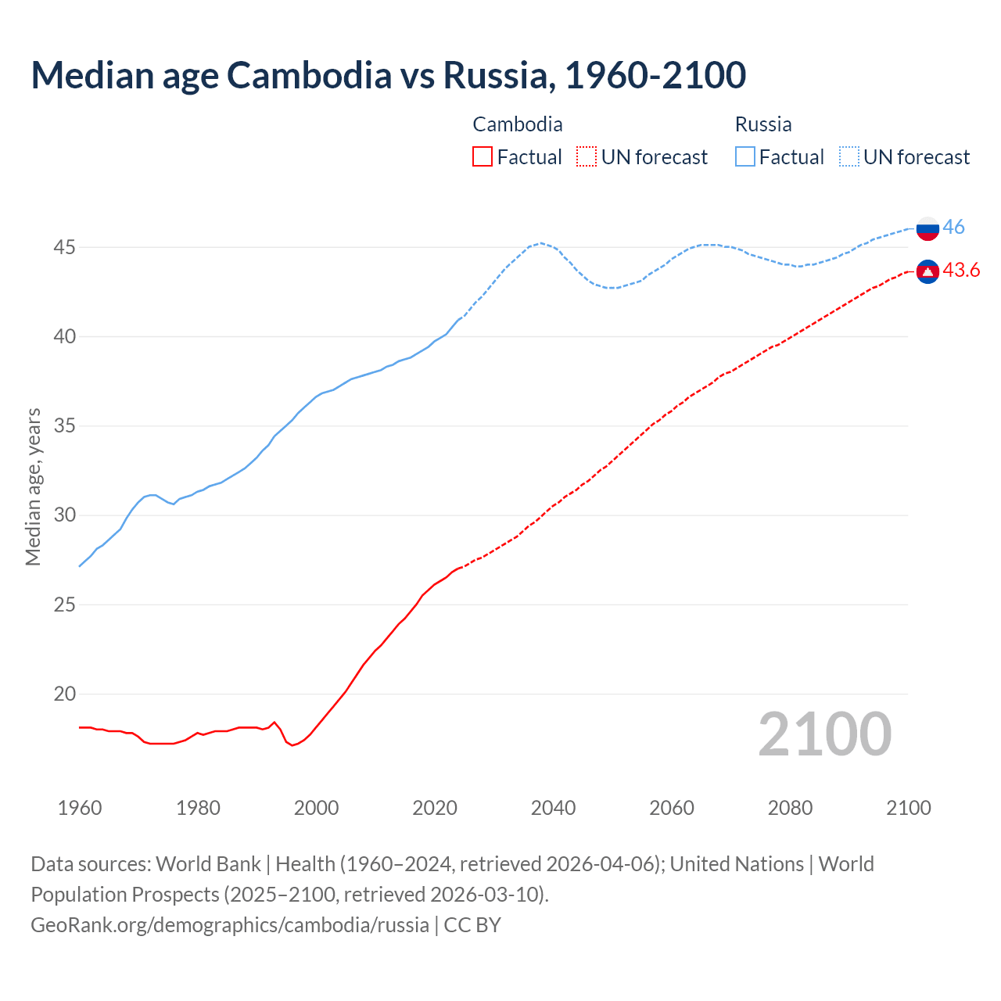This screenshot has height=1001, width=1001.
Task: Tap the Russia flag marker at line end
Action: point(927,228)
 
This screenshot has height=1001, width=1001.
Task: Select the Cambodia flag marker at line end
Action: point(927,271)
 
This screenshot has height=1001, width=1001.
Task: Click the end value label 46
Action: point(953,228)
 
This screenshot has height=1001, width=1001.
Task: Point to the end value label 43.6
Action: point(961,271)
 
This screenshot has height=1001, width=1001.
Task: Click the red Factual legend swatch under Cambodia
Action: point(483,157)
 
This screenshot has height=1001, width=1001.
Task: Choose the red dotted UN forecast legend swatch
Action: point(587,157)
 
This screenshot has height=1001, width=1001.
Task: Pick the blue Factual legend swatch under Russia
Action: point(745,157)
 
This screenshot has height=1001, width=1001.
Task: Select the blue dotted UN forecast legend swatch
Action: point(849,157)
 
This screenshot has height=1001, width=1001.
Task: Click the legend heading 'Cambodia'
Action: point(517,124)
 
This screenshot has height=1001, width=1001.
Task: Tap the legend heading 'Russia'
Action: point(763,124)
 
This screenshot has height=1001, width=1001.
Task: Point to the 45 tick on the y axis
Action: point(64,248)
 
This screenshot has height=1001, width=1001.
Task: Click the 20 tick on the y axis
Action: point(64,694)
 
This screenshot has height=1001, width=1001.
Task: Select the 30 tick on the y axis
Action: point(64,515)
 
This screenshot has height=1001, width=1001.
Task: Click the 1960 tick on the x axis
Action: point(80,808)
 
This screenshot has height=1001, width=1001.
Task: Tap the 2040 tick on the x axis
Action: point(553,808)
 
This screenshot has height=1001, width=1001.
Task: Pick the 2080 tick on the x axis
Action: point(790,808)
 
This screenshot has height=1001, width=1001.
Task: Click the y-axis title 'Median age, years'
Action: point(33,486)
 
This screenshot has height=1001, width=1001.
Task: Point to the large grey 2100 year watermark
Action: point(824,734)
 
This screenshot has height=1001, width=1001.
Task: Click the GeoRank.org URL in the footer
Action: point(229,925)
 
